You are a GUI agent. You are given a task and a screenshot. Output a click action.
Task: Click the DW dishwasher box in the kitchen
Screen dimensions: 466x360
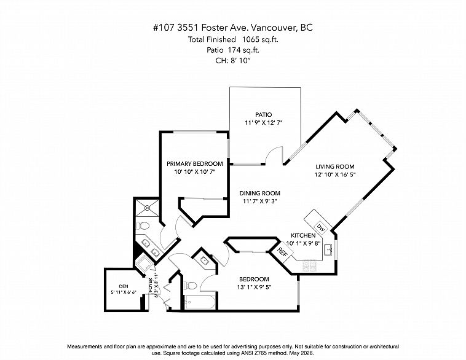coord(320,228)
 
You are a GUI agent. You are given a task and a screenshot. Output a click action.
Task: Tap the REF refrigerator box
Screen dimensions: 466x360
coord(282,252)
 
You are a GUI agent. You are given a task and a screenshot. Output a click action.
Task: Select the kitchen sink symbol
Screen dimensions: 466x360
coord(328,249)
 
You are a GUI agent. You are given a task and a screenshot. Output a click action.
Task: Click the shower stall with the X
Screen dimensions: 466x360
coord(148,208)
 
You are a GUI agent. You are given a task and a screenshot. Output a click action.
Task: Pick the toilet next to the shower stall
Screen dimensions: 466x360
coord(143,226)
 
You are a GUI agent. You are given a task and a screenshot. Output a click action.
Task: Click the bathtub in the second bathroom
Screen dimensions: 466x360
coord(199,302)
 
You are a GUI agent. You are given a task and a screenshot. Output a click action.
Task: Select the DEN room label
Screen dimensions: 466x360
coord(124,286)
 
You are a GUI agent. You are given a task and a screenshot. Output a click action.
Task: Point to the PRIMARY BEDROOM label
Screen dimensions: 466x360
coord(195,163)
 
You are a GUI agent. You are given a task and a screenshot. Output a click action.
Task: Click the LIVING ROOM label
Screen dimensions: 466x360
coord(335,166)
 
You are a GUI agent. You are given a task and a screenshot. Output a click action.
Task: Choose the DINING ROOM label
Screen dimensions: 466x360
coord(260,193)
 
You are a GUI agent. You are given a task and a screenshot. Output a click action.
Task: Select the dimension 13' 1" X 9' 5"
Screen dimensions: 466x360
coord(255,288)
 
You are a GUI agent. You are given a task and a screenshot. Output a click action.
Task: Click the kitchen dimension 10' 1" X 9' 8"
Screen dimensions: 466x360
coord(303,243)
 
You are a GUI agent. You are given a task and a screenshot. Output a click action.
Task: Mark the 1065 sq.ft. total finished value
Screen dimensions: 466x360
coord(260,39)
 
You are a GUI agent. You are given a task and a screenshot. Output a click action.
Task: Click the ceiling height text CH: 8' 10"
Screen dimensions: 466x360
coord(233,61)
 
